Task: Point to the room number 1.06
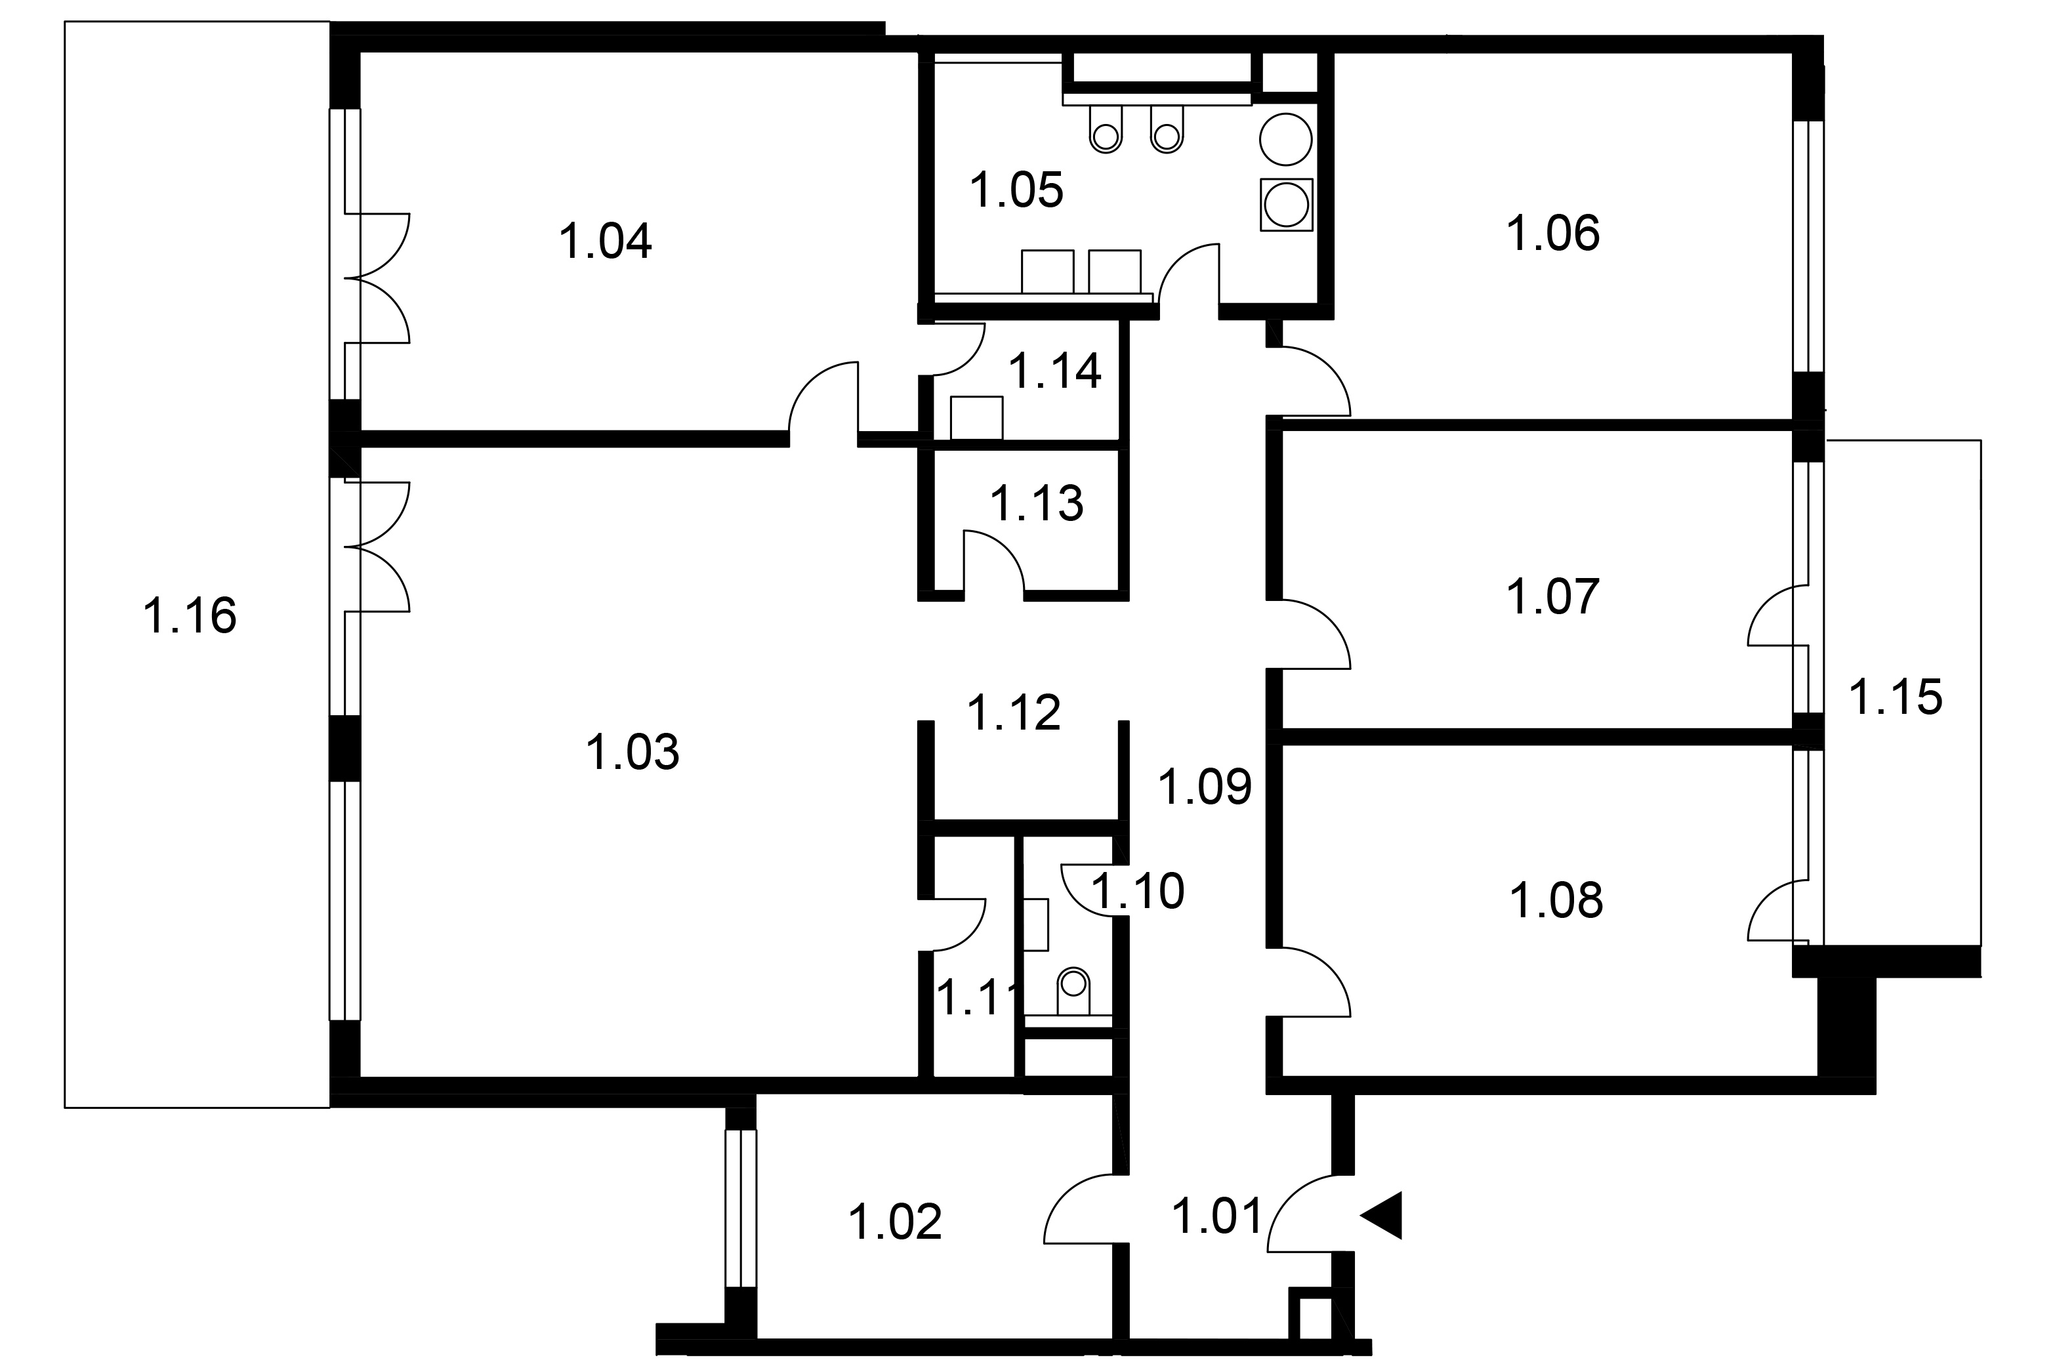[1554, 234]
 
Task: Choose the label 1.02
[896, 1222]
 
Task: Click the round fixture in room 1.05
[1285, 140]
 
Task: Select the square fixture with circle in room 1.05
[1285, 205]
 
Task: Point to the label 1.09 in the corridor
[1205, 786]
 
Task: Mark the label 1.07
[1554, 597]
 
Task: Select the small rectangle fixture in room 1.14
[977, 418]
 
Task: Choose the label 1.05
[1017, 190]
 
